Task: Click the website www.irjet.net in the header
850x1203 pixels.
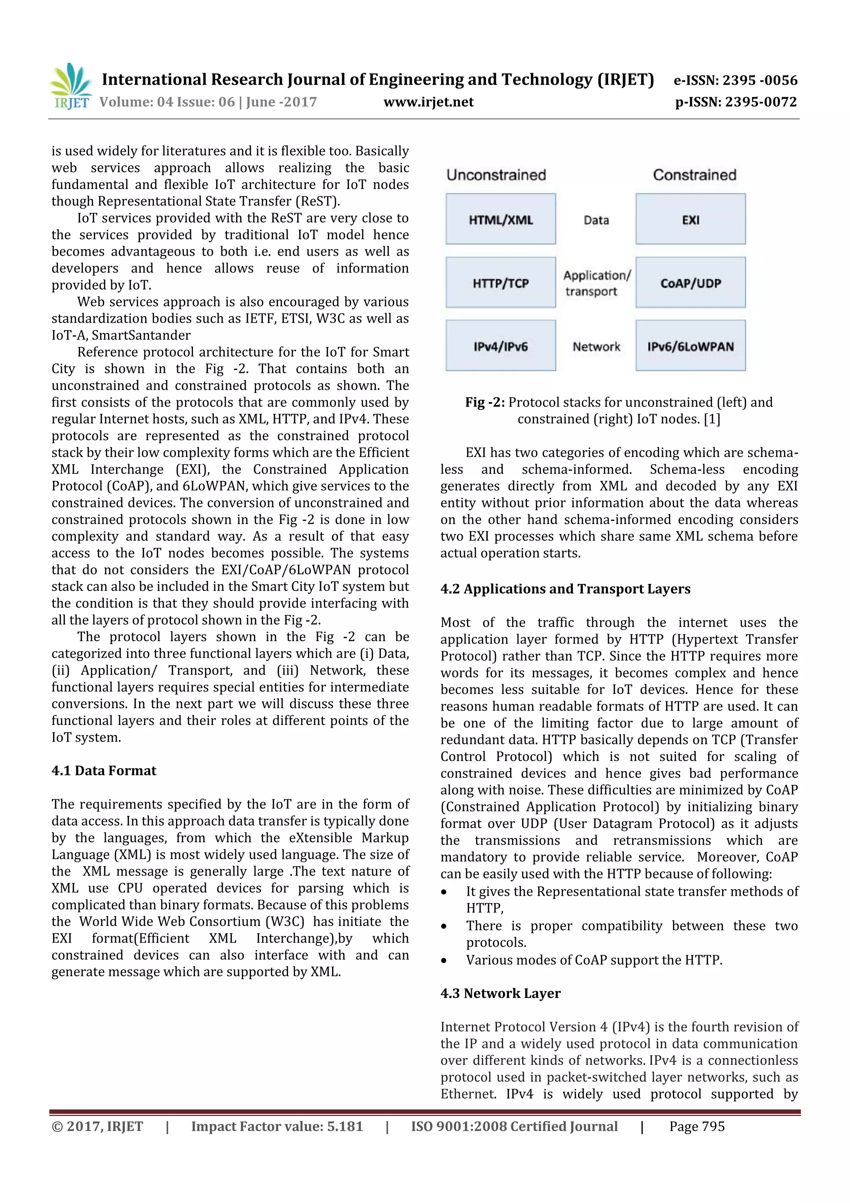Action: coord(428,102)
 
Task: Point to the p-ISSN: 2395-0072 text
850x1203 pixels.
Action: coord(736,102)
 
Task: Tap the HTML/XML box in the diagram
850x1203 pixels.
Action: coord(500,219)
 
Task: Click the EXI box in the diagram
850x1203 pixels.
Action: coord(690,219)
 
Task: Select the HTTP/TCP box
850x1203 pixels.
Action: coord(500,282)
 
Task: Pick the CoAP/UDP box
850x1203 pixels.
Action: coord(690,282)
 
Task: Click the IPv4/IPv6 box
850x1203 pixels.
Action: coord(500,346)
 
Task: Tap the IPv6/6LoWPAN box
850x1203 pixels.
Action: coord(690,346)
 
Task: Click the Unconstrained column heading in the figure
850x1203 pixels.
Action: coord(496,175)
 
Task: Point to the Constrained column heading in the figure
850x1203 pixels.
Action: coord(694,175)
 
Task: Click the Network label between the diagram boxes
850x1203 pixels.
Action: coord(596,346)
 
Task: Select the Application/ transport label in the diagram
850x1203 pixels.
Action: coord(596,283)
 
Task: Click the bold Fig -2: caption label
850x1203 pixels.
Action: coord(485,402)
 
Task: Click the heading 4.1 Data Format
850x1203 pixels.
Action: coord(104,771)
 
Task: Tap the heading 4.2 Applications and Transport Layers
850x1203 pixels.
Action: coord(565,589)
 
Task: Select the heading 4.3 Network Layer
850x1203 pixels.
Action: coord(500,993)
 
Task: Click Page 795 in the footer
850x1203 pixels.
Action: coord(696,1127)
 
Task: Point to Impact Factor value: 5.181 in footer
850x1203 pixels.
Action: coord(276,1127)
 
